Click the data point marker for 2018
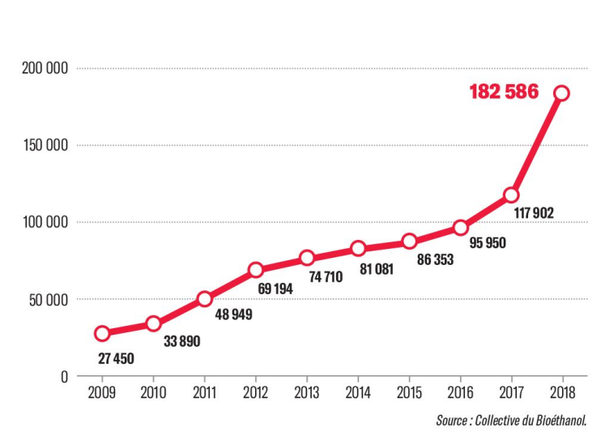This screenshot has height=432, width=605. [561, 93]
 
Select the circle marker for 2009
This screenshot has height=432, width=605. [102, 333]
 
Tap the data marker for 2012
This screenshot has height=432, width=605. [256, 270]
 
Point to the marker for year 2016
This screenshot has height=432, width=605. [461, 228]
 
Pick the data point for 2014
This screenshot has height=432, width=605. [358, 249]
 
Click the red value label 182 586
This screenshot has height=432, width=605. [504, 92]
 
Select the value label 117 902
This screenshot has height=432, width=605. [533, 214]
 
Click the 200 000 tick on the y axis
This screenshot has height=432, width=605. [44, 69]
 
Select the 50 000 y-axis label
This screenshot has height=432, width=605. [47, 300]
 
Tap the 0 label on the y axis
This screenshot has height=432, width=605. [64, 377]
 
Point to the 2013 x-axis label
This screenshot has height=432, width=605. [307, 395]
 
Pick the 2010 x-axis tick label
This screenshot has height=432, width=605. [153, 395]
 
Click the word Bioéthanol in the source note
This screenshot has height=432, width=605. [557, 420]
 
